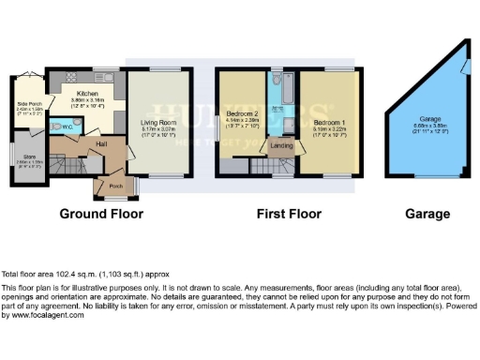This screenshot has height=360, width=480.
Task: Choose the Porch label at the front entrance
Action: coord(115,186)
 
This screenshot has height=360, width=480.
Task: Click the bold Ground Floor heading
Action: coord(102,214)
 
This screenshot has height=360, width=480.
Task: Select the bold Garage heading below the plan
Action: coord(427,214)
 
